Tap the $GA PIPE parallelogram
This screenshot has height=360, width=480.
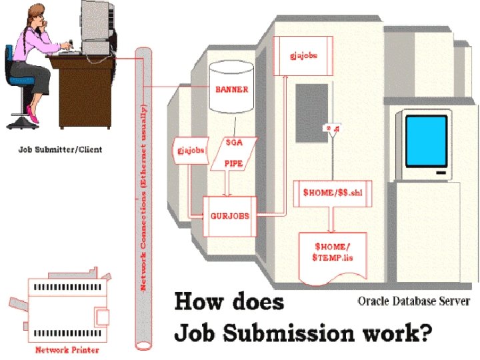click(x=233, y=153)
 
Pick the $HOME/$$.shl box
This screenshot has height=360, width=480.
click(x=332, y=193)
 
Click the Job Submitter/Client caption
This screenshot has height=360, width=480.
click(x=61, y=149)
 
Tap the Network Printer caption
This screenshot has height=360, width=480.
click(x=65, y=348)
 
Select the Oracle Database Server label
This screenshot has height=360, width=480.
click(x=413, y=300)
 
